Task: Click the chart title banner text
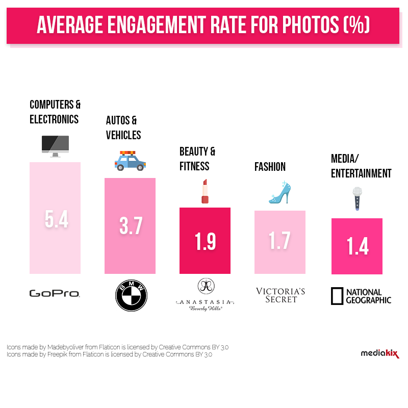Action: coord(203,24)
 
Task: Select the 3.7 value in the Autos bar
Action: coord(131,226)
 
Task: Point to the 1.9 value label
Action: coord(205,242)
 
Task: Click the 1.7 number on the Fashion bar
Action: coord(280,242)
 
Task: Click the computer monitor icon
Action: coord(55,146)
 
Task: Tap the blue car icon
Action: coord(130,161)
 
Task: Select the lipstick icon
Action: coord(205,191)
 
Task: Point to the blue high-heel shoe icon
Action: coord(279,192)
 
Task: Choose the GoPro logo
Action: coord(55,293)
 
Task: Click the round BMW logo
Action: coord(131,296)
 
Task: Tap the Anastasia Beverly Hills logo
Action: coord(206,295)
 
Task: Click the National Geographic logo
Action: coord(361,296)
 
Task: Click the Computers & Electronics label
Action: coord(55,112)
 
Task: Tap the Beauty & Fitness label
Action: coord(197,159)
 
